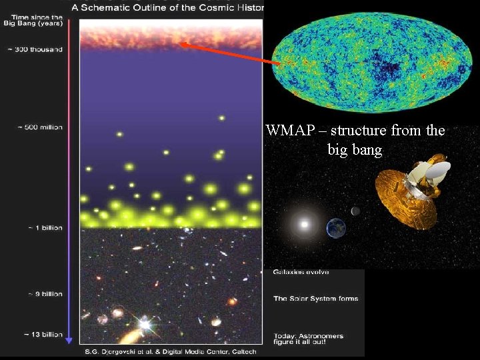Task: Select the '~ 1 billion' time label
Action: coord(45,228)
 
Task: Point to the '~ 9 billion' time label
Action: coord(45,294)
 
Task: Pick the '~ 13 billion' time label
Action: coord(44,334)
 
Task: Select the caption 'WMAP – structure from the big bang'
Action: coord(355,140)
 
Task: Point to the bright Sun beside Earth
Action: coord(305,225)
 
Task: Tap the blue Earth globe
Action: coord(335,229)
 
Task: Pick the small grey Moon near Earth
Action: coord(355,211)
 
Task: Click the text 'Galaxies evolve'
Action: coord(301,273)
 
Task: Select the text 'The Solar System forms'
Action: coord(315,299)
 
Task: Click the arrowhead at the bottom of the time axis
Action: coord(69,339)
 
